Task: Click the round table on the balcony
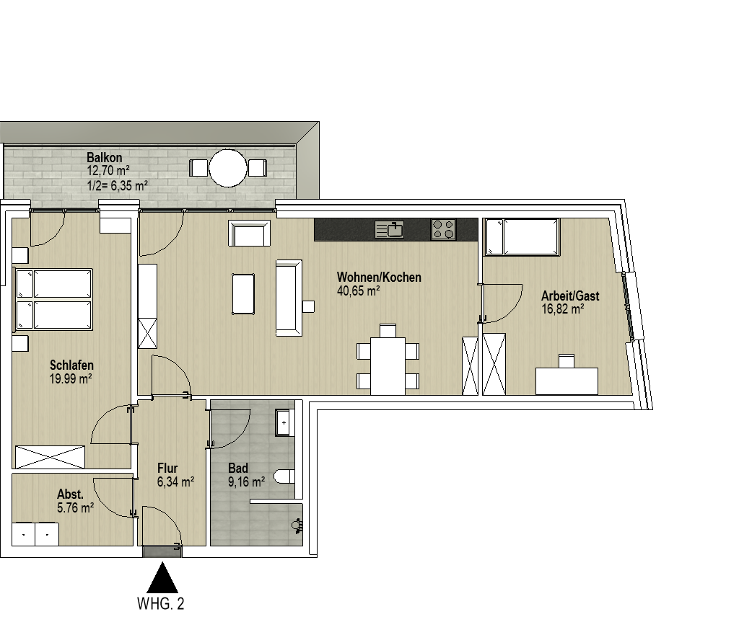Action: tap(228, 168)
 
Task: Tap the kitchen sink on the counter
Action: tap(389, 229)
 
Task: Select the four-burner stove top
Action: tap(444, 230)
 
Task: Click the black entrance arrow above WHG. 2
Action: tap(162, 577)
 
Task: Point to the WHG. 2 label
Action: tap(160, 603)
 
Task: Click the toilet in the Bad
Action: tap(287, 476)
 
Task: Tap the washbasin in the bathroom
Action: tap(284, 422)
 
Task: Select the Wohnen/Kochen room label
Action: tap(379, 278)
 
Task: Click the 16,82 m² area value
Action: tap(563, 309)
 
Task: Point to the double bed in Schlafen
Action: tap(53, 299)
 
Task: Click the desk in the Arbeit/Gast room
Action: tap(567, 381)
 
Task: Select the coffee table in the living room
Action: tap(243, 294)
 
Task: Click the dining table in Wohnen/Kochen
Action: tap(388, 365)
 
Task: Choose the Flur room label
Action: tap(167, 469)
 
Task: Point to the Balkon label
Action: tap(104, 158)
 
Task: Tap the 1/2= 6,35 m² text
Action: tap(118, 185)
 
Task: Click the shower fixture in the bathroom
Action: tap(297, 525)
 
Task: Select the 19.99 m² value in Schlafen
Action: tap(71, 379)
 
